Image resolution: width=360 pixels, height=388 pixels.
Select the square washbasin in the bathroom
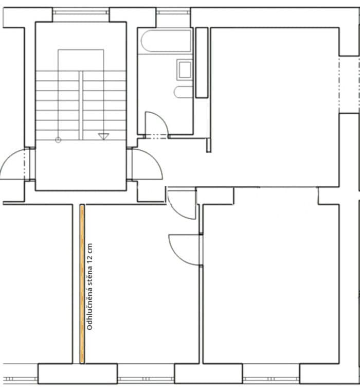[x=184, y=69]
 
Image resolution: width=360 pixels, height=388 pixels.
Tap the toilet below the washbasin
[x=183, y=92]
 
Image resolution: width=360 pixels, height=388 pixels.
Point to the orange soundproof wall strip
[x=82, y=284]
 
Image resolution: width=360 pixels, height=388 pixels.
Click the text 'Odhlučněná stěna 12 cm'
[x=91, y=287]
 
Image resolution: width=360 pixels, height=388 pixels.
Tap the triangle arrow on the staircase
[x=103, y=136]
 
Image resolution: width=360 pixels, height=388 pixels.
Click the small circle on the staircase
[x=58, y=139]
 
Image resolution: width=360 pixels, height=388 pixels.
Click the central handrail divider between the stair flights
[x=81, y=105]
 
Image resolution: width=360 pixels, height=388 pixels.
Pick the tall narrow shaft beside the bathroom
[x=202, y=62]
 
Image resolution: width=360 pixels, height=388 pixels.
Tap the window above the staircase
[x=81, y=11]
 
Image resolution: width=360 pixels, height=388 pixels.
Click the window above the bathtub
[x=173, y=11]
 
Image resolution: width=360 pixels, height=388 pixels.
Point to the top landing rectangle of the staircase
[x=81, y=60]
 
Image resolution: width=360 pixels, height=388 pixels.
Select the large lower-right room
[x=271, y=283]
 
